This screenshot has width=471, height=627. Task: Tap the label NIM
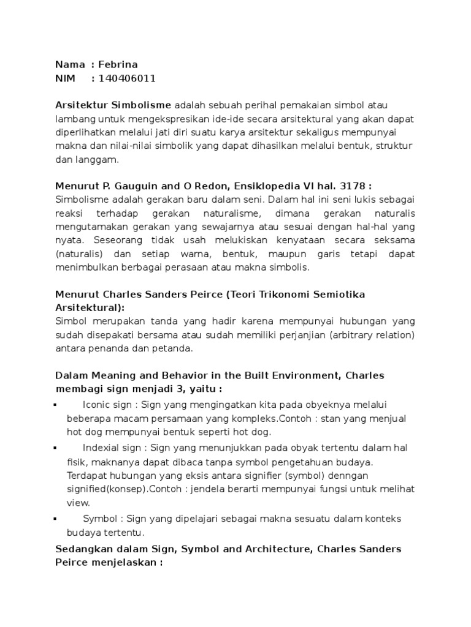66,78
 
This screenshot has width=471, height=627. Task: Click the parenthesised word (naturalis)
78,253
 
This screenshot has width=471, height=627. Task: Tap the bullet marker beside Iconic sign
56,405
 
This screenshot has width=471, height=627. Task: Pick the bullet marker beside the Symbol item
56,519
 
